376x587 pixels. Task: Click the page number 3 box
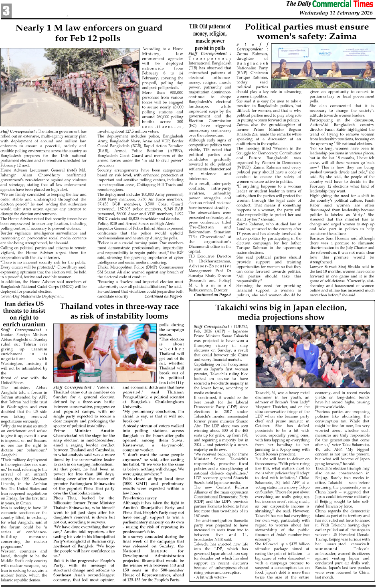(x=6, y=10)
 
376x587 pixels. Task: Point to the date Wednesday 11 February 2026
(x=336, y=13)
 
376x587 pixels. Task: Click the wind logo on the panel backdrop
(x=324, y=53)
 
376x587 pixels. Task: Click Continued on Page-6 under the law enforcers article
(x=163, y=296)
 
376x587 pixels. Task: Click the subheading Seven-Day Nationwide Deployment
(x=32, y=296)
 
